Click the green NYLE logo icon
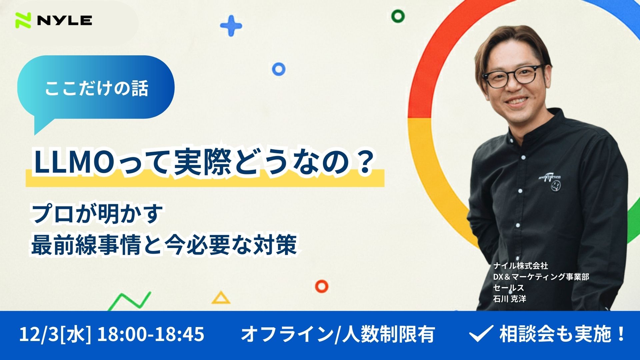coord(23,20)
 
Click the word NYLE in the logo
coord(65,21)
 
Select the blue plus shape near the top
coord(231,26)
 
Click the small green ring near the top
coord(398,16)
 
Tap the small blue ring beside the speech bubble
coord(279,69)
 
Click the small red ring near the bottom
coord(322,286)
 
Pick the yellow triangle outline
coord(221,298)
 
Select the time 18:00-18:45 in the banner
coord(150,334)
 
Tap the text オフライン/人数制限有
coord(338,334)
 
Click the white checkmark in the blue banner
coord(481,334)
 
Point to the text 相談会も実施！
coord(562,334)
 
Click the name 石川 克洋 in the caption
coord(509,299)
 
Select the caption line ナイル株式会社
coord(520,266)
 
